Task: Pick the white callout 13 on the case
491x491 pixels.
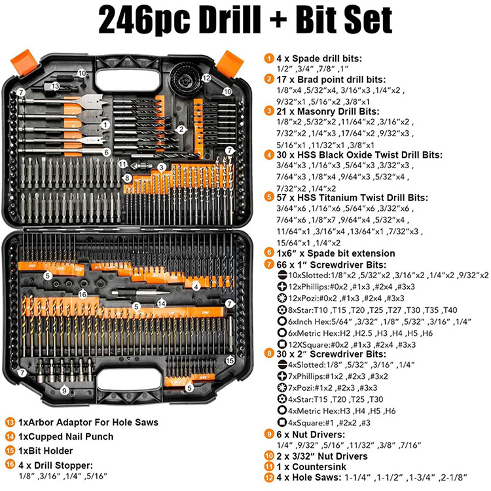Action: [56, 86]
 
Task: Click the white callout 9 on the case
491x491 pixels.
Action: [64, 391]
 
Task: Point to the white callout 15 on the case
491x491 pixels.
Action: [230, 361]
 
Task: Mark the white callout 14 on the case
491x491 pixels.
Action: [161, 302]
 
